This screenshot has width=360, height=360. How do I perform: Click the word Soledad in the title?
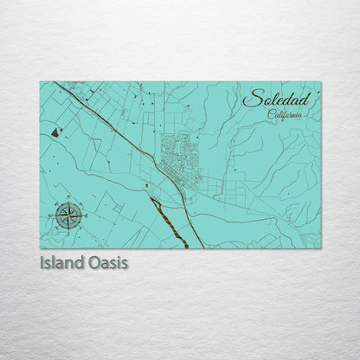276,99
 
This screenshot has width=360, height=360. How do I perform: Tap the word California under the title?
286,114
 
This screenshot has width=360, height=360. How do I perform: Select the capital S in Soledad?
251,100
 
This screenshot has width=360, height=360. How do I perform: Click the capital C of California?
272,114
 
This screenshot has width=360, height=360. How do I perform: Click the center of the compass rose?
68,215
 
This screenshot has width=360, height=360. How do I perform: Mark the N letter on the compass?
68,200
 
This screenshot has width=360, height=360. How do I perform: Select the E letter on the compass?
85,215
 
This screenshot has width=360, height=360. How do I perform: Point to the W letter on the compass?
52,215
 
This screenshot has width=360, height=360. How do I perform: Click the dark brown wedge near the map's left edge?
56,132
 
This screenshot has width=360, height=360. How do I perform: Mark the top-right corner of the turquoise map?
319,82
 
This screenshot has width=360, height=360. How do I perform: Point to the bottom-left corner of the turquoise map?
41,247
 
